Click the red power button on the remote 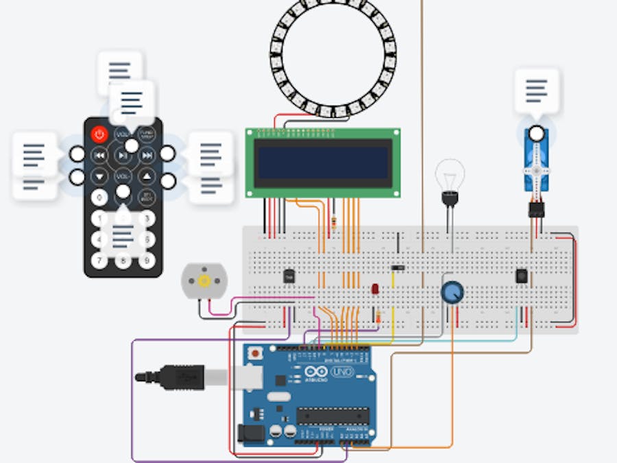pyautogui.click(x=100, y=134)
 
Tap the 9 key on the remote pyautogui.click(x=146, y=261)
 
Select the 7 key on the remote pyautogui.click(x=100, y=261)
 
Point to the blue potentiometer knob pyautogui.click(x=452, y=292)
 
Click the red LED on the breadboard pyautogui.click(x=376, y=289)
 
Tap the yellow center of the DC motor pyautogui.click(x=203, y=281)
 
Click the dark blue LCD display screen pyautogui.click(x=323, y=163)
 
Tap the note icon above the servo pyautogui.click(x=537, y=90)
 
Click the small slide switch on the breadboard pyautogui.click(x=398, y=268)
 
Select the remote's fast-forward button pyautogui.click(x=147, y=156)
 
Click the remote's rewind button pyautogui.click(x=100, y=156)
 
